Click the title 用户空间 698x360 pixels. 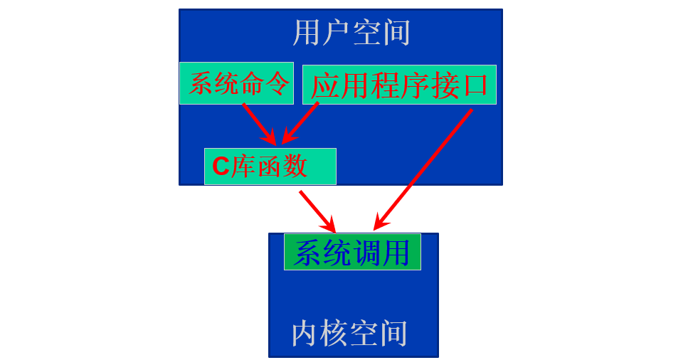pyautogui.click(x=351, y=33)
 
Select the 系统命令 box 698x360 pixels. pyautogui.click(x=236, y=83)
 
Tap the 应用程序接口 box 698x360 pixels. pyautogui.click(x=399, y=85)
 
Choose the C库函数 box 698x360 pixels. pyautogui.click(x=270, y=166)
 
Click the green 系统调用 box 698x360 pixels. pyautogui.click(x=352, y=252)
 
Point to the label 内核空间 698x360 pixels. pyautogui.click(x=350, y=333)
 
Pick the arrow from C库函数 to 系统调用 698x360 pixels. pyautogui.click(x=317, y=211)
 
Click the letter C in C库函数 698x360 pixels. pyautogui.click(x=221, y=166)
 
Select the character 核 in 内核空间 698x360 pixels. pyautogui.click(x=334, y=333)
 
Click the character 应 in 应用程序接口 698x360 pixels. pyautogui.click(x=324, y=85)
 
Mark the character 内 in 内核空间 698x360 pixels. pyautogui.click(x=305, y=333)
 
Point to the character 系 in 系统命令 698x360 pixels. pyautogui.click(x=201, y=84)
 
